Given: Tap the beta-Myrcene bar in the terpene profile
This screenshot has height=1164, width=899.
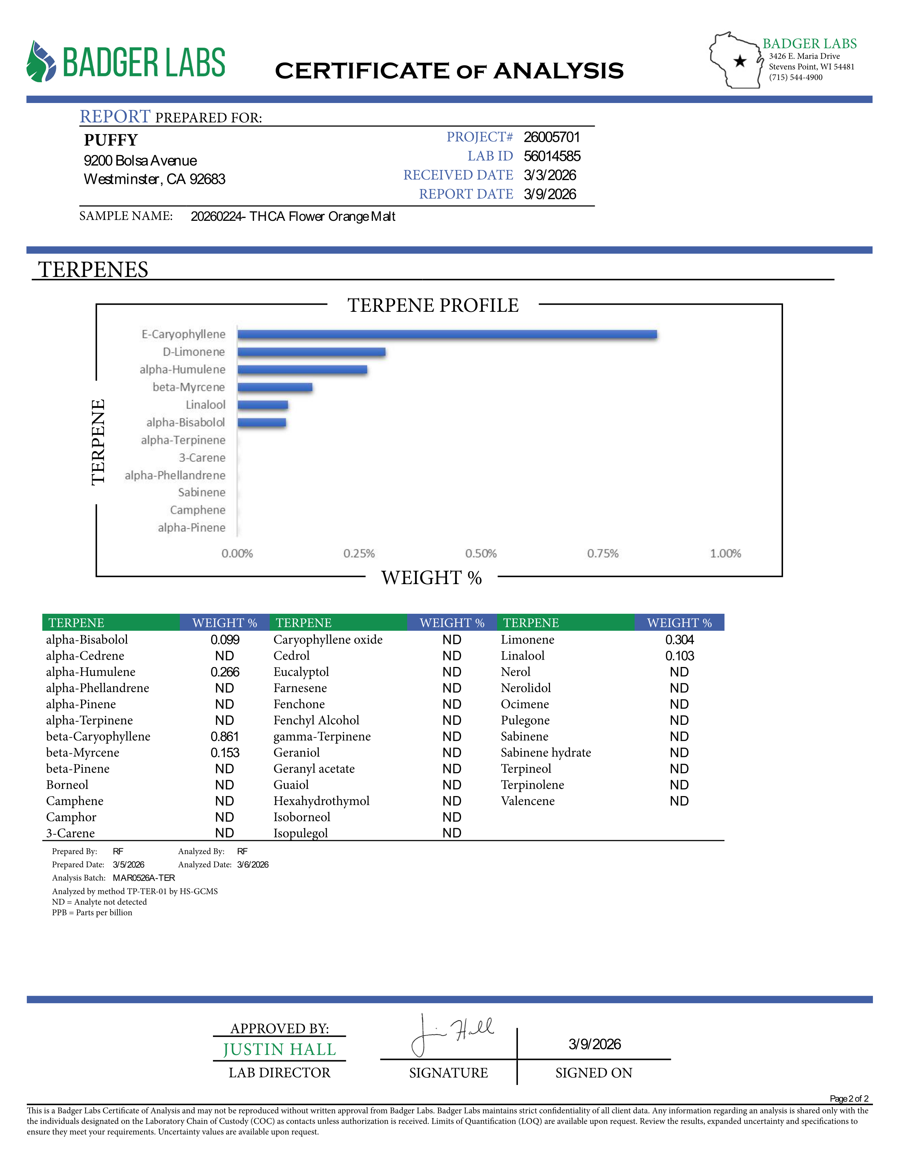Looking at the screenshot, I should point(275,387).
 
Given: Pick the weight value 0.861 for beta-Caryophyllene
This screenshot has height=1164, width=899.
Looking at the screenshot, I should point(225,736).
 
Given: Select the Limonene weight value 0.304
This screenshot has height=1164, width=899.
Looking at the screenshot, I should point(680,639).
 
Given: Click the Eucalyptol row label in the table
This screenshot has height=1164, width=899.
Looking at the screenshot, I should point(301,672).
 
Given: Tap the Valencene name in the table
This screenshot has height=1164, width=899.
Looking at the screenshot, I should point(527,801).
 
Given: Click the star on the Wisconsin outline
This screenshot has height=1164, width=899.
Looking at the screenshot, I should point(740,61).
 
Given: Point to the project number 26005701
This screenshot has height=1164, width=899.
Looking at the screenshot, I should point(551,137).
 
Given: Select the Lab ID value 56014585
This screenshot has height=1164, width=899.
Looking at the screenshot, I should point(552,156).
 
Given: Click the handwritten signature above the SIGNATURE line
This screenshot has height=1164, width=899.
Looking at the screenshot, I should point(453,1033).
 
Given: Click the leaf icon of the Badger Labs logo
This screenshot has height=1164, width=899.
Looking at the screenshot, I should point(41,62).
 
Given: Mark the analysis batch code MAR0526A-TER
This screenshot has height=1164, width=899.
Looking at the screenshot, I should point(144,878).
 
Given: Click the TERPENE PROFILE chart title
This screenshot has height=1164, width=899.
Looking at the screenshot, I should point(433,305).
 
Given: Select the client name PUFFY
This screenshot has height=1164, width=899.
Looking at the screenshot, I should point(111,140).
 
